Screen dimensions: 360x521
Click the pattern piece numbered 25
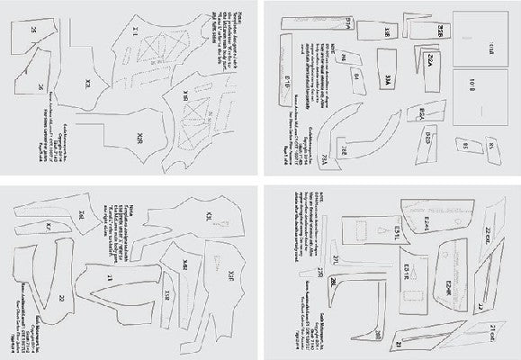point(34,31)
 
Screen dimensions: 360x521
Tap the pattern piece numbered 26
point(41,87)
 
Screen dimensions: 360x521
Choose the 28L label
point(334,285)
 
